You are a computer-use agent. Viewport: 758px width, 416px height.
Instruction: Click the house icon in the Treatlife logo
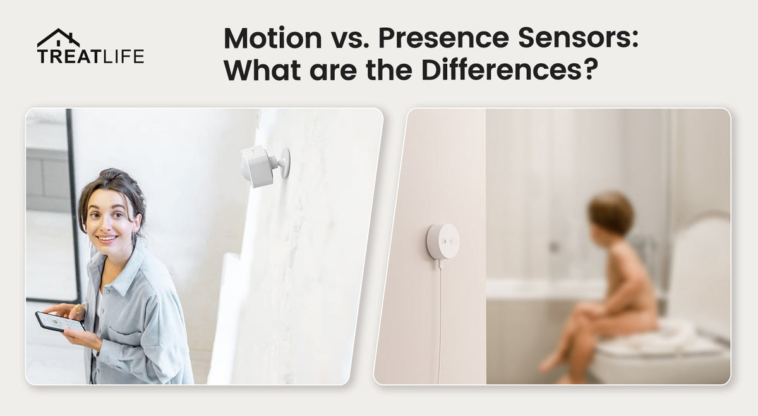coord(58,38)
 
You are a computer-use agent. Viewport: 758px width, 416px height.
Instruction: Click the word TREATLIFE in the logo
coord(91,56)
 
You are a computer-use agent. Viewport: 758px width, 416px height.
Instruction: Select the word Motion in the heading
coord(273,38)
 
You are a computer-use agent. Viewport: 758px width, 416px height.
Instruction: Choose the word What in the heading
coord(262,70)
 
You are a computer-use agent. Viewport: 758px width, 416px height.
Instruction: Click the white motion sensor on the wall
coord(264,166)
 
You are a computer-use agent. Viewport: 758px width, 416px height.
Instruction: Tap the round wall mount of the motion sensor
coord(285,162)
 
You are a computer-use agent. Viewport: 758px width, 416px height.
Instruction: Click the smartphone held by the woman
coord(60,322)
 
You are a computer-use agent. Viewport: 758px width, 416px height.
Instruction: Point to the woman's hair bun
coord(112,176)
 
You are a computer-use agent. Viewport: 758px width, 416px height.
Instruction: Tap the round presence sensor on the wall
coord(443,242)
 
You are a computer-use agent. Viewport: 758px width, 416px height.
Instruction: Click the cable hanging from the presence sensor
coord(440,322)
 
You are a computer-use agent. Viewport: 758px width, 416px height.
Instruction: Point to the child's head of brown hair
coord(611,213)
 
